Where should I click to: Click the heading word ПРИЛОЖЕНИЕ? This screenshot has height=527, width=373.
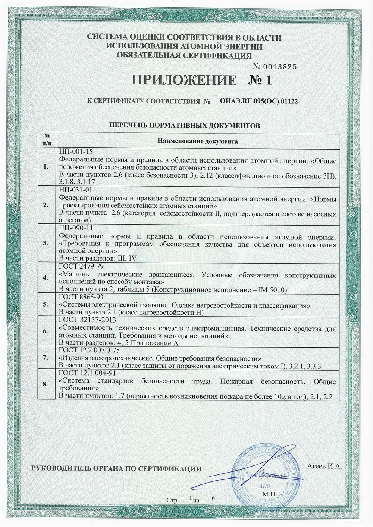(x=184, y=80)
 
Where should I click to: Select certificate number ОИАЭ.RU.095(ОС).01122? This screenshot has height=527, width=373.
(x=259, y=101)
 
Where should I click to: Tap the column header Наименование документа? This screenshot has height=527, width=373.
(x=197, y=141)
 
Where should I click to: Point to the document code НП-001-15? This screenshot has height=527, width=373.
(x=76, y=152)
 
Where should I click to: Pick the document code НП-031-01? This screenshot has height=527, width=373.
(x=76, y=190)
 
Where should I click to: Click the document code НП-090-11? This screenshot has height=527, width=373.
(x=76, y=228)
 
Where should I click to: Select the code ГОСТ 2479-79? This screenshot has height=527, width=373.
(x=81, y=266)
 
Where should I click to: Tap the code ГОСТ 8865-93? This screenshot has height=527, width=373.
(x=81, y=297)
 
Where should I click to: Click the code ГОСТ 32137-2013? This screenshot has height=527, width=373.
(x=87, y=320)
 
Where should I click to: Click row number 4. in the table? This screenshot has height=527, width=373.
(x=46, y=278)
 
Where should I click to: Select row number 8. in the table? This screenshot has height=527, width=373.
(x=46, y=384)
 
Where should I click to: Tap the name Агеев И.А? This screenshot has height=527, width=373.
(x=325, y=466)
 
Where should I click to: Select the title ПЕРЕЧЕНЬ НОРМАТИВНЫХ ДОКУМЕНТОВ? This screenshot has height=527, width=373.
(x=184, y=126)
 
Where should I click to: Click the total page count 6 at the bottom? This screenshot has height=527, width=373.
(x=213, y=498)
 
